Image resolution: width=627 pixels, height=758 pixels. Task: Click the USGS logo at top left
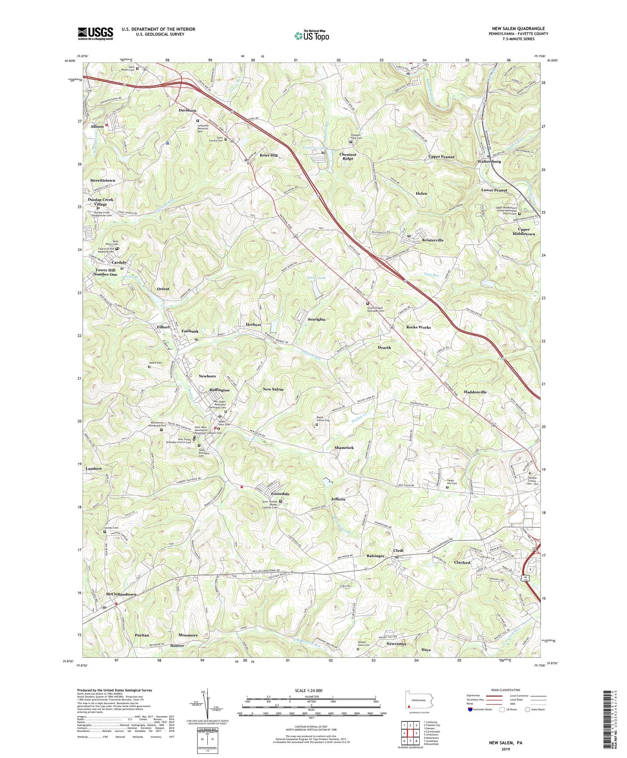point(95,33)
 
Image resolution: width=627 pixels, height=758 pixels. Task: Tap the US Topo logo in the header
point(311,36)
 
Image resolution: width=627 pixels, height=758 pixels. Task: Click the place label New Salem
point(273,389)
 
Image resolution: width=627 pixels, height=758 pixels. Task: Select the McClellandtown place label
point(121,594)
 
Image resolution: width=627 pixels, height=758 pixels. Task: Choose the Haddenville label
point(475,392)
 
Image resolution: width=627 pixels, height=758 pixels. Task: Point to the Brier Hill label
point(268,155)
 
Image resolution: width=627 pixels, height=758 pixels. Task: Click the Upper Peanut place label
point(441,157)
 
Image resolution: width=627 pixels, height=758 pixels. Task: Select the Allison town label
point(97,126)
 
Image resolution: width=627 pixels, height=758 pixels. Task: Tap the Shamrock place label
point(344,447)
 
